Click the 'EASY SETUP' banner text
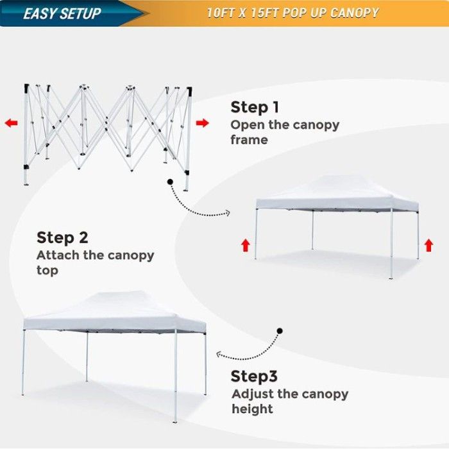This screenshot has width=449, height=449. pyautogui.click(x=62, y=13)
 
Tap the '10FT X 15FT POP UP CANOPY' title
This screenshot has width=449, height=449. pyautogui.click(x=292, y=13)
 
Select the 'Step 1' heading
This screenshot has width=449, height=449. pyautogui.click(x=255, y=107)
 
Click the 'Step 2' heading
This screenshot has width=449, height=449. pyautogui.click(x=62, y=238)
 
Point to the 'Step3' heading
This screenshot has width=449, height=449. pyautogui.click(x=254, y=376)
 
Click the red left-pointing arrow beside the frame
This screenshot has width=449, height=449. pyautogui.click(x=11, y=123)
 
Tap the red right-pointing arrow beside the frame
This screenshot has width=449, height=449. pyautogui.click(x=203, y=123)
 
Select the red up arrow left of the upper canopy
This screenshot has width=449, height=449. pyautogui.click(x=246, y=246)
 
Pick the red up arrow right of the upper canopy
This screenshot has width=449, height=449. pyautogui.click(x=428, y=246)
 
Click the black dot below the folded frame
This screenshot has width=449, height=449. pyautogui.click(x=170, y=182)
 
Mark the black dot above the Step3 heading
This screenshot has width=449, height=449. pyautogui.click(x=280, y=331)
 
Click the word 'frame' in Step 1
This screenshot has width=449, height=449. pyautogui.click(x=249, y=140)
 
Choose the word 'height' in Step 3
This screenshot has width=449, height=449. pyautogui.click(x=252, y=409)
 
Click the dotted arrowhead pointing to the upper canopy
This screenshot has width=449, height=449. pyautogui.click(x=228, y=213)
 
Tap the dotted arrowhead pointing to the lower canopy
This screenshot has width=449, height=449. pyautogui.click(x=219, y=355)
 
